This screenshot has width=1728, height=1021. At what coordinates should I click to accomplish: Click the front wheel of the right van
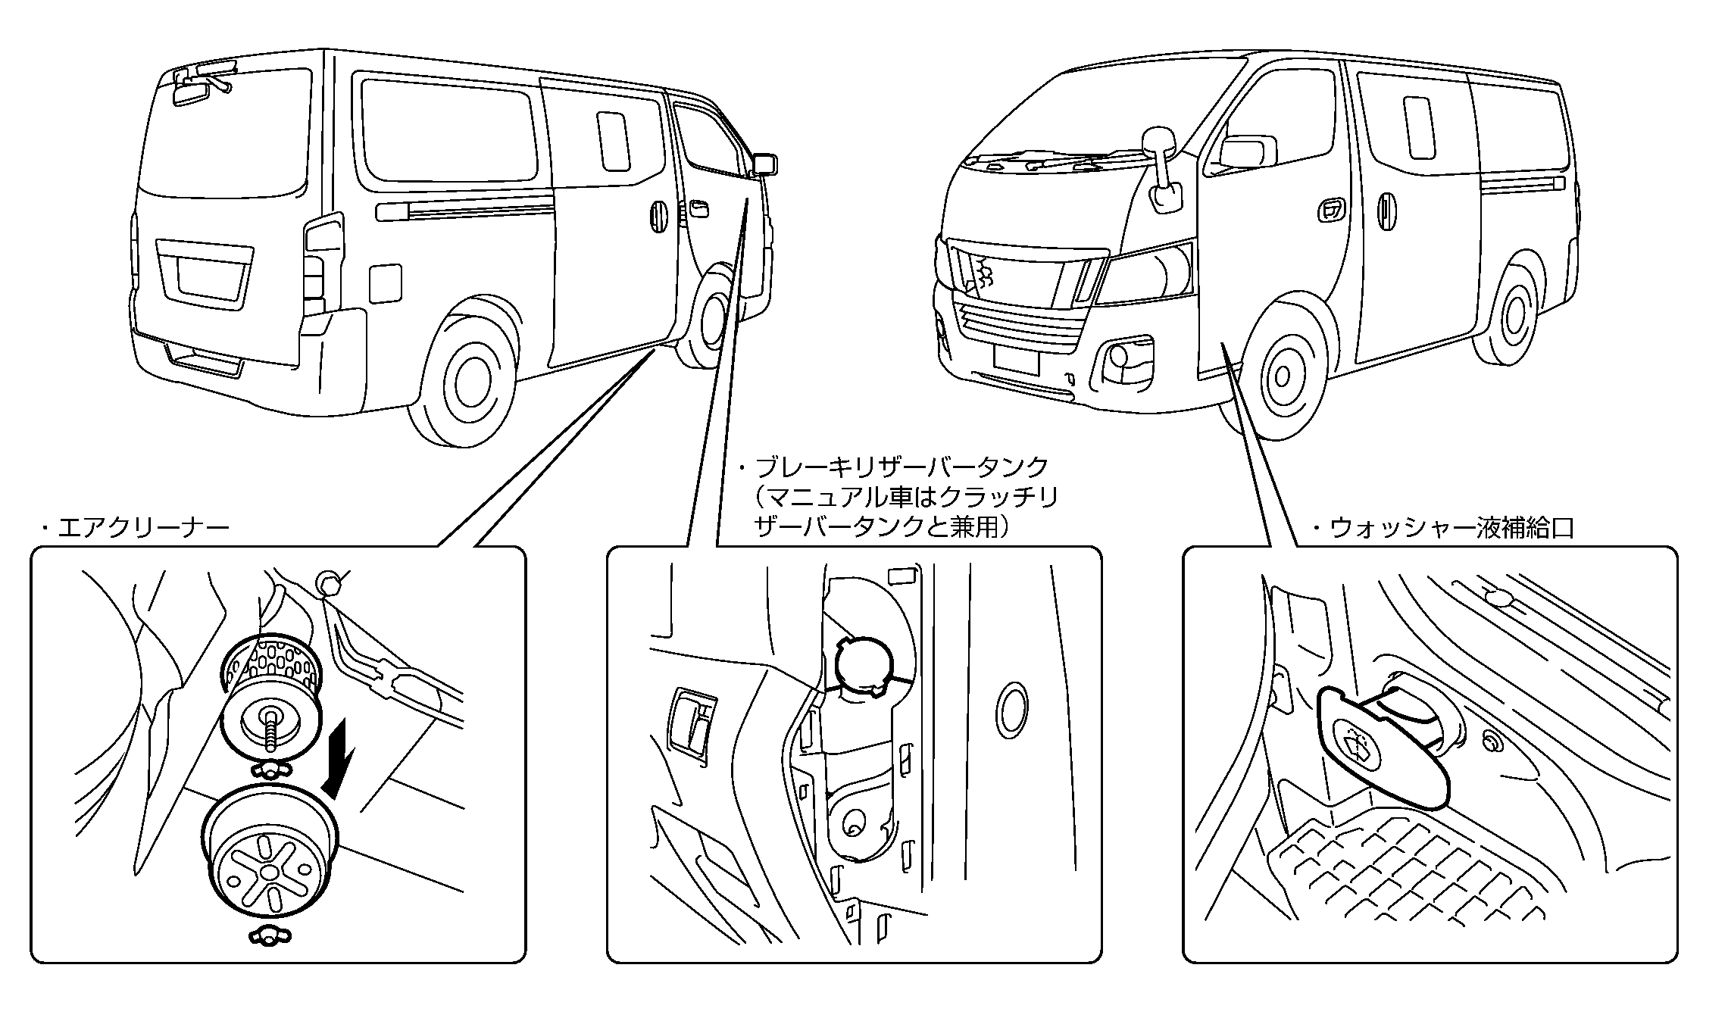1282,376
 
